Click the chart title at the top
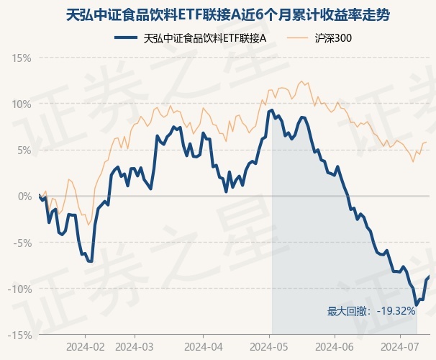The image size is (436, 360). (218, 14)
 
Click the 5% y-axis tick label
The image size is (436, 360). (24, 150)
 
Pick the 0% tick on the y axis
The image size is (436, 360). (24, 196)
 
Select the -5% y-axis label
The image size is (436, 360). (23, 243)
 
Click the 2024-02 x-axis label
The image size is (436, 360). (85, 346)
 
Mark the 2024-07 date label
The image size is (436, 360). (401, 346)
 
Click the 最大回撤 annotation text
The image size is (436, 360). (349, 311)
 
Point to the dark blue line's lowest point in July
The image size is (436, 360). (417, 305)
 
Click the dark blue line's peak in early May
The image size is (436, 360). (272, 110)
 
